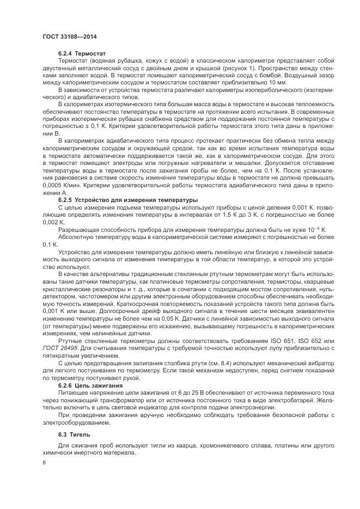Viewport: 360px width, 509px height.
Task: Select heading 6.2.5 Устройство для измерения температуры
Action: [x=128, y=200]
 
